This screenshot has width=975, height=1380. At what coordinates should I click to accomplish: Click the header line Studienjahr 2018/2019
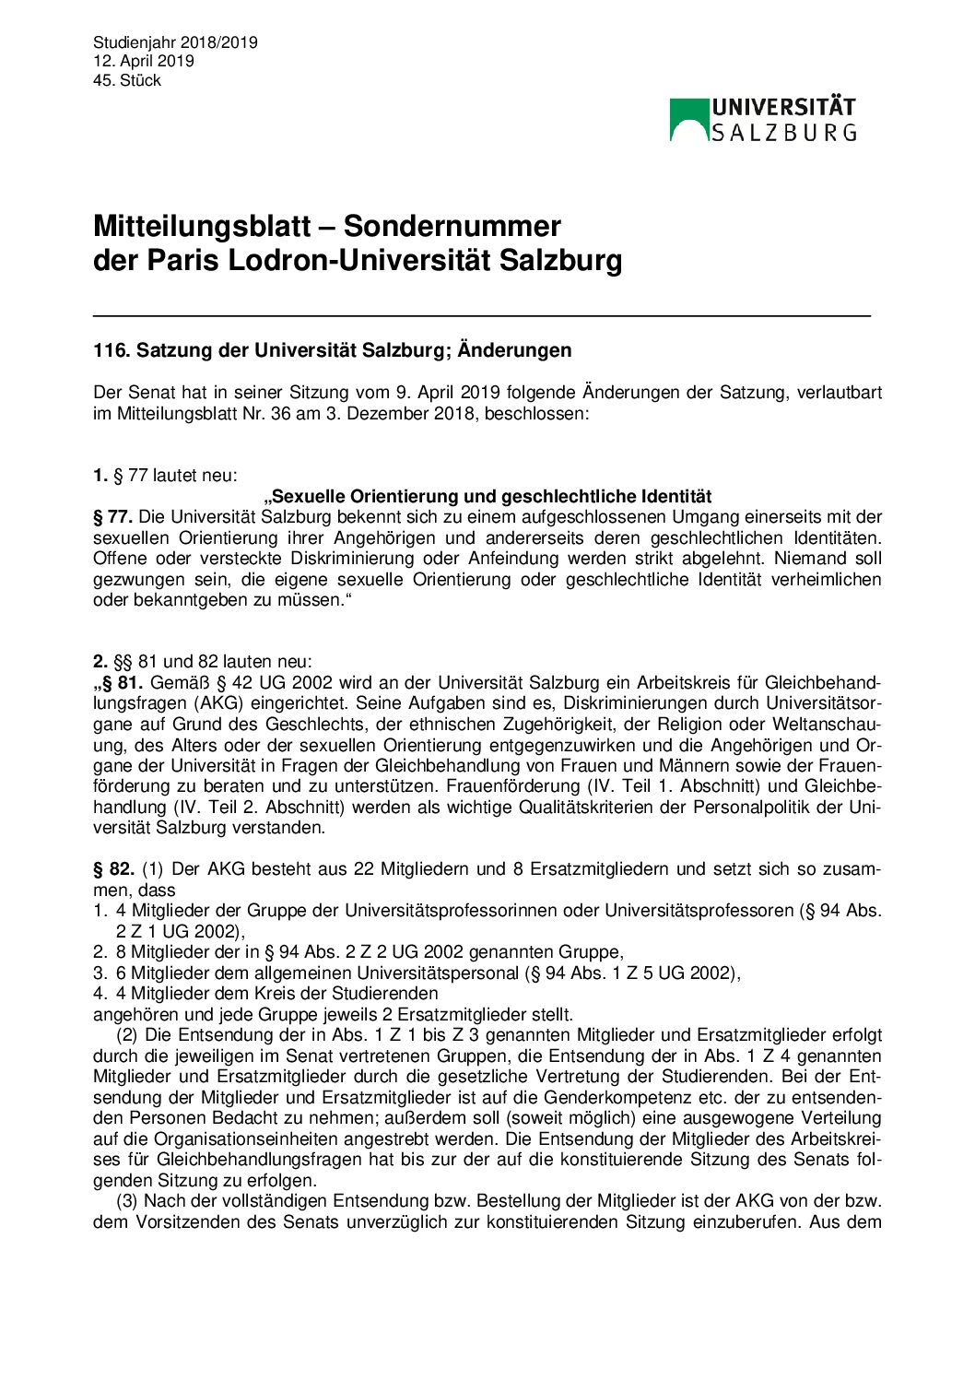coord(175,42)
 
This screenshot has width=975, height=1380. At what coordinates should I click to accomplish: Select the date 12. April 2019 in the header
coord(144,61)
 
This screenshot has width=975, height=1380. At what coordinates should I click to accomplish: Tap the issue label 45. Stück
coord(127,80)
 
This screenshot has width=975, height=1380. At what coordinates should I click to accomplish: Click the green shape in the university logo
coord(688,117)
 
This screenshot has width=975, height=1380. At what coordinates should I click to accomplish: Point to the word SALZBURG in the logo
coord(783,133)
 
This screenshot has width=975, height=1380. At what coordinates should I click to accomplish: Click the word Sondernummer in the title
coord(452,227)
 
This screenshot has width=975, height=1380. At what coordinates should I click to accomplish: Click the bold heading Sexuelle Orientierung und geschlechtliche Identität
coord(487,497)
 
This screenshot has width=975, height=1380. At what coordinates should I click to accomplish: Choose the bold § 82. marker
coord(114,868)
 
